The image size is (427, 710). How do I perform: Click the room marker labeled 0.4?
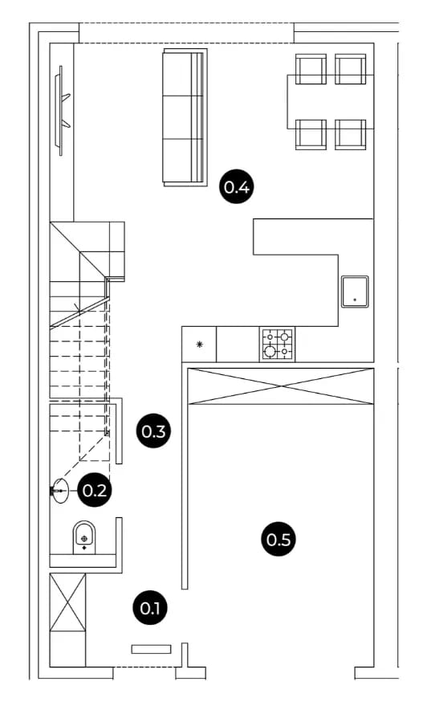pyautogui.click(x=236, y=186)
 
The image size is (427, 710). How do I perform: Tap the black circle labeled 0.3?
pyautogui.click(x=154, y=431)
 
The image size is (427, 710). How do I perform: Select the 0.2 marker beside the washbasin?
pyautogui.click(x=95, y=490)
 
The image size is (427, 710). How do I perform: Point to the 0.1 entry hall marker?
pyautogui.click(x=150, y=608)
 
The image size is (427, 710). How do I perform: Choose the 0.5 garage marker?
pyautogui.click(x=279, y=539)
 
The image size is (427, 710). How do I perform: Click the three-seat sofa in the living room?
pyautogui.click(x=185, y=117)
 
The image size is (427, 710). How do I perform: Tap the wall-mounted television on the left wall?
pyautogui.click(x=61, y=111)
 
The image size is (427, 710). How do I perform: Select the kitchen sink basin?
pyautogui.click(x=355, y=292)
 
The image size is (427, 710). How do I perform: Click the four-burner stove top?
pyautogui.click(x=277, y=344)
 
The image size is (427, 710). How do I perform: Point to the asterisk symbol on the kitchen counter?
pyautogui.click(x=199, y=345)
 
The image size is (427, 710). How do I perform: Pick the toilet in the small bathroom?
pyautogui.click(x=84, y=537)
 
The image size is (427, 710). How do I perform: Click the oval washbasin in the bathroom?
pyautogui.click(x=59, y=491)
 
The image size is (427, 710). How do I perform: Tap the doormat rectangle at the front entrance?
pyautogui.click(x=151, y=649)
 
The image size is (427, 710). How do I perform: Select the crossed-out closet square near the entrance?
pyautogui.click(x=67, y=602)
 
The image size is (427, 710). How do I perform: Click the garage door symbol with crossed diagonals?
pyautogui.click(x=281, y=386)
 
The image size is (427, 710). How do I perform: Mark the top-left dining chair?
pyautogui.click(x=311, y=69)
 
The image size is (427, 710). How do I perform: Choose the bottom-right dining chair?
pyautogui.click(x=350, y=134)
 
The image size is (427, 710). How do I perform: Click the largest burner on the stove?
pyautogui.click(x=270, y=350)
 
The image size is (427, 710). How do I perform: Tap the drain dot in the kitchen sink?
pyautogui.click(x=355, y=300)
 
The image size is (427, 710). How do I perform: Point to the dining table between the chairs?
pyautogui.click(x=330, y=102)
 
